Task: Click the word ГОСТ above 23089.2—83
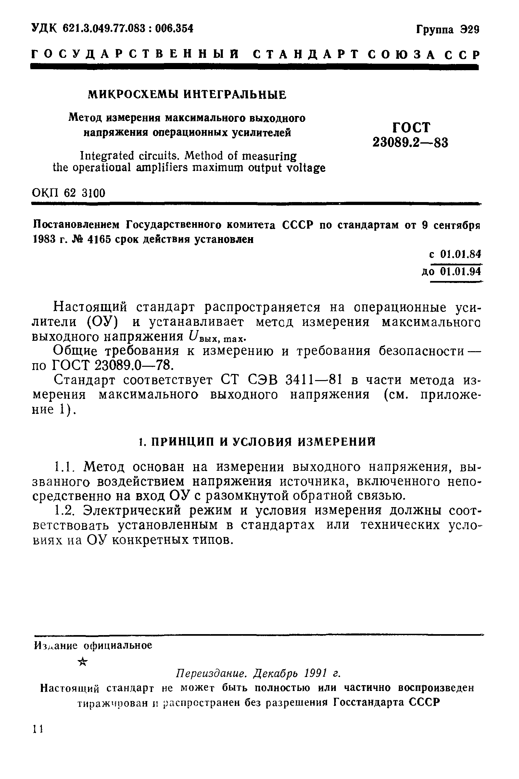click(411, 127)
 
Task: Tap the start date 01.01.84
click(461, 254)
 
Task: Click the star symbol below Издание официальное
click(83, 662)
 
